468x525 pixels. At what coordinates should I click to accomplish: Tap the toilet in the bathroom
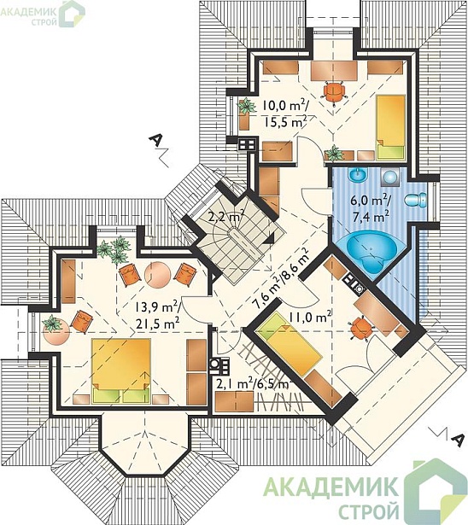(x=416, y=200)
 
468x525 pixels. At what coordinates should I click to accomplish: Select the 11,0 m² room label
(x=310, y=317)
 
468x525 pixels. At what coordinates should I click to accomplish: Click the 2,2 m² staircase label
(x=225, y=217)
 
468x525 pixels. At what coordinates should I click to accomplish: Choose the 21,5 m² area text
(x=157, y=324)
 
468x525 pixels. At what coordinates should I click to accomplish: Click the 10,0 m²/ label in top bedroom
(x=284, y=106)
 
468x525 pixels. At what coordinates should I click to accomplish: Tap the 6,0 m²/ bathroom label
(x=370, y=201)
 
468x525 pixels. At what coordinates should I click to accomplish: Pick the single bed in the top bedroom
(x=391, y=127)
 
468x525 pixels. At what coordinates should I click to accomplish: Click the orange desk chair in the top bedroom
(x=335, y=91)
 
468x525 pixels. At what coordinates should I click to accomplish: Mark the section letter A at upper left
(x=155, y=140)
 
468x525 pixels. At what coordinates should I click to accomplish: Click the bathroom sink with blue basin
(x=358, y=175)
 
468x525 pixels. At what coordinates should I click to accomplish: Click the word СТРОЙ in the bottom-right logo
(x=369, y=509)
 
